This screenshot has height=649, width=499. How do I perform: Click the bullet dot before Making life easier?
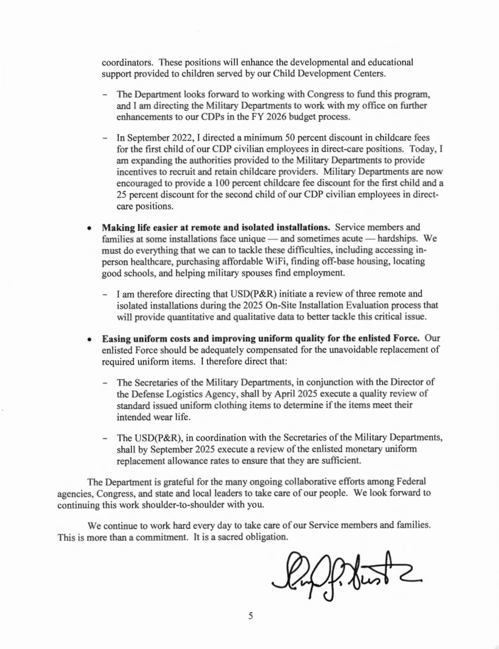(90, 228)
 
